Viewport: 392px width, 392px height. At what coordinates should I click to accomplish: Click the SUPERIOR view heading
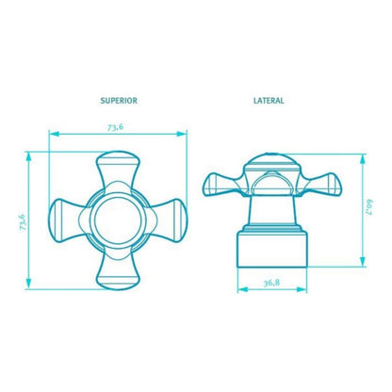119,101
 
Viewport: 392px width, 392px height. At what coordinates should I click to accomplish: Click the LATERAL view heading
269,101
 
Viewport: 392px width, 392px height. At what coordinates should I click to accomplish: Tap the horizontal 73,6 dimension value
116,127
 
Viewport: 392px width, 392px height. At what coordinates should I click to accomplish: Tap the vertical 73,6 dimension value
23,222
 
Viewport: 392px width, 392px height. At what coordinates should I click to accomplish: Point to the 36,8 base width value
271,283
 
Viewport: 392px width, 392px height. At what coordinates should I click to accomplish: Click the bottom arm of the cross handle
118,271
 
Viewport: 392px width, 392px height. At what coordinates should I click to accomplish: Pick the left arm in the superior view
67,220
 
